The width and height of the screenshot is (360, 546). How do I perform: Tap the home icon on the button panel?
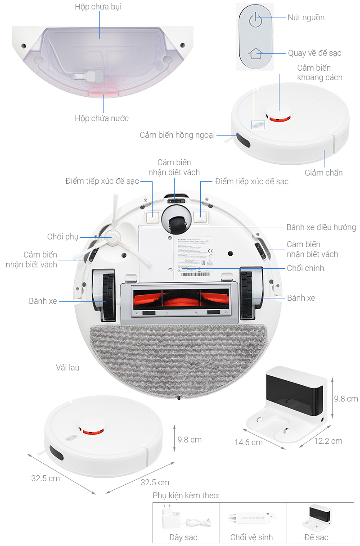(255, 54)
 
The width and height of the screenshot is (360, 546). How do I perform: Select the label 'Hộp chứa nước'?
(102, 118)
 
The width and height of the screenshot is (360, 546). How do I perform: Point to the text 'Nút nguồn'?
(306, 18)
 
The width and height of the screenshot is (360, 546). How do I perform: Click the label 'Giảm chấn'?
(324, 172)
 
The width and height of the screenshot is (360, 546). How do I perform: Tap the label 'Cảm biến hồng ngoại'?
(177, 135)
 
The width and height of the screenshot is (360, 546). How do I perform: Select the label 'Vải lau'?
(68, 368)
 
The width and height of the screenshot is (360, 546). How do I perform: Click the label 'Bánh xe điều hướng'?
(321, 227)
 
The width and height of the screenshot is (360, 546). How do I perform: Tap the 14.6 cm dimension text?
(248, 442)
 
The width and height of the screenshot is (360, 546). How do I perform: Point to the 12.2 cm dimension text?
(328, 441)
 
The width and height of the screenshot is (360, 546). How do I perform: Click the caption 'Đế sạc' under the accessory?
(316, 537)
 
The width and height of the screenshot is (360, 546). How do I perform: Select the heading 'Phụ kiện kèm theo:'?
(186, 496)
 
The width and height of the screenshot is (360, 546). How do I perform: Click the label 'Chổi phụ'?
(63, 237)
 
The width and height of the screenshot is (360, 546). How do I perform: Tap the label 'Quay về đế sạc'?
(315, 53)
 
